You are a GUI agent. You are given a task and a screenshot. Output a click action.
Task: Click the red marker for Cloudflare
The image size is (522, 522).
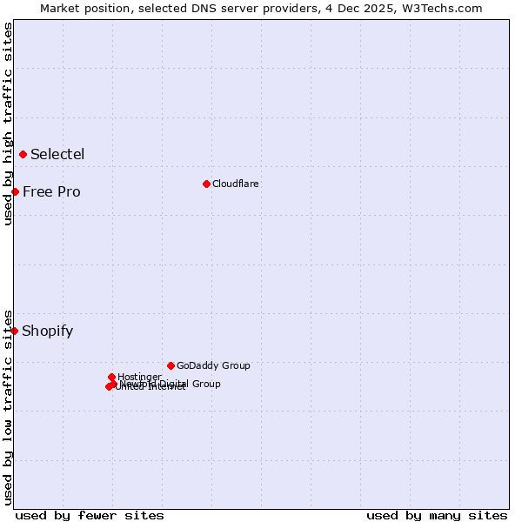[x=206, y=184]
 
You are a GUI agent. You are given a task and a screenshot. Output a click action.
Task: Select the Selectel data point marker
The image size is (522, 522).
[x=23, y=155]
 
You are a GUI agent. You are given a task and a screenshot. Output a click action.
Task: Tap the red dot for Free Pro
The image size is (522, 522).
[x=15, y=191]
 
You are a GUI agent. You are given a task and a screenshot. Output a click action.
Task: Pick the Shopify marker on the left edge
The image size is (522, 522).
[x=14, y=331]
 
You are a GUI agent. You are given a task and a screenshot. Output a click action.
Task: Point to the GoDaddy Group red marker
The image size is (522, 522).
[x=171, y=365]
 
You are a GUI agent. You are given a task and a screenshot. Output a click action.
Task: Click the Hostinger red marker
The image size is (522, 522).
[x=111, y=377]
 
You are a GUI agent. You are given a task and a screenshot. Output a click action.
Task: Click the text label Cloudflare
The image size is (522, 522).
[x=235, y=184]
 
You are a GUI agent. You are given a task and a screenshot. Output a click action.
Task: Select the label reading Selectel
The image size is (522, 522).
[x=57, y=155]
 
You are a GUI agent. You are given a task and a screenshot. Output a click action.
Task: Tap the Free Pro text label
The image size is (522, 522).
[x=51, y=191]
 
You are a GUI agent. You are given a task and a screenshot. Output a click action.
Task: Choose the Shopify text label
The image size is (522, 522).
[x=47, y=331]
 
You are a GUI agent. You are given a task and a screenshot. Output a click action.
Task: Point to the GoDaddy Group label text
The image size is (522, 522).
[x=213, y=365]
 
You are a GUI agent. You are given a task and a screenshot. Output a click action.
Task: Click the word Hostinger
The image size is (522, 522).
[x=139, y=377]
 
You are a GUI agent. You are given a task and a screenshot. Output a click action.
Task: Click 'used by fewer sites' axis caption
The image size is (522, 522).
[x=90, y=515]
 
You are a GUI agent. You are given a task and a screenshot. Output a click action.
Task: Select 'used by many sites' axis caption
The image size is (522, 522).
[x=437, y=515]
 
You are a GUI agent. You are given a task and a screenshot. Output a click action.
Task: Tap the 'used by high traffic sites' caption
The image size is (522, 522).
[x=8, y=124]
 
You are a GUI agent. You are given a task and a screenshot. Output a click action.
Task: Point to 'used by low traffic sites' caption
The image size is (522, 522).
[x=8, y=406]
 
